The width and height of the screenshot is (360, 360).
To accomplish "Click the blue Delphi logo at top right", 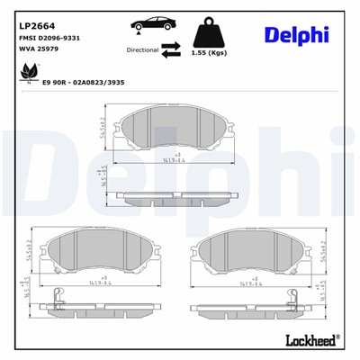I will click(x=296, y=35).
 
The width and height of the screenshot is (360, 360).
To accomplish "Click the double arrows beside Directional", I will click(x=171, y=52).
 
